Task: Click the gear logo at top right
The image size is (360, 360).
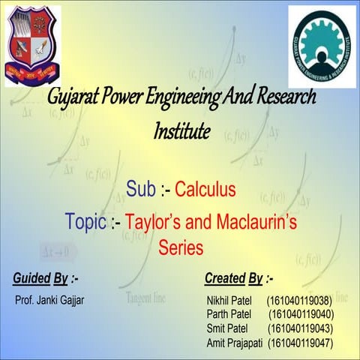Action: [x=322, y=46]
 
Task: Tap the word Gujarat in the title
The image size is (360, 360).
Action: [x=73, y=98]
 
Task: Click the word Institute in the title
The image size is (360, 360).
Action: [x=181, y=131]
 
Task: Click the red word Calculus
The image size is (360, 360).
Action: [x=205, y=188]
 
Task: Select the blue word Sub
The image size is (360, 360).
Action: [x=142, y=188]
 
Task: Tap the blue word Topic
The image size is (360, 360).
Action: [x=85, y=223]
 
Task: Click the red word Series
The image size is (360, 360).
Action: [x=181, y=247]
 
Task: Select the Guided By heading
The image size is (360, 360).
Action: [x=46, y=280]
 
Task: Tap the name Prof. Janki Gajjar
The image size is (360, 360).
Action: [x=49, y=301]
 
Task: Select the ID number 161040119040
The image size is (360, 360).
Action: [x=301, y=314]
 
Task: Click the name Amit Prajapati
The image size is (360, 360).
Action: [x=235, y=343]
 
